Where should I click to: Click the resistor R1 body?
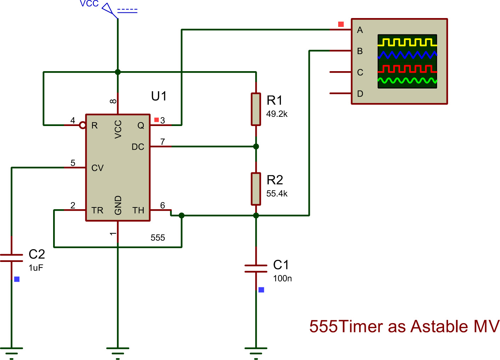(256, 109)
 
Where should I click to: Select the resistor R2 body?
(256, 189)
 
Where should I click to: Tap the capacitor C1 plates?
(256, 269)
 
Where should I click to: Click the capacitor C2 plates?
(11, 258)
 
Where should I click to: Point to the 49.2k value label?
(277, 114)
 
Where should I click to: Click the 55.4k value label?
(277, 194)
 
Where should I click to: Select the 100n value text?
(282, 279)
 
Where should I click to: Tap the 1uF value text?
(36, 268)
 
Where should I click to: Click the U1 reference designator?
(159, 96)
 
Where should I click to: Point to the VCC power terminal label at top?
(89, 4)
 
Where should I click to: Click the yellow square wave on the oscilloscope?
(407, 42)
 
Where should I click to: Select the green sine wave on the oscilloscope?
(407, 81)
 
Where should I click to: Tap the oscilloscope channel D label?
(360, 94)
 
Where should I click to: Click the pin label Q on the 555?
(141, 126)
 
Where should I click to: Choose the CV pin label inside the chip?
(97, 168)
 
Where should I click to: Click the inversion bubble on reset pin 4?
(83, 125)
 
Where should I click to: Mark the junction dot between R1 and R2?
(256, 147)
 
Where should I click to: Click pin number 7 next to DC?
(163, 142)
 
